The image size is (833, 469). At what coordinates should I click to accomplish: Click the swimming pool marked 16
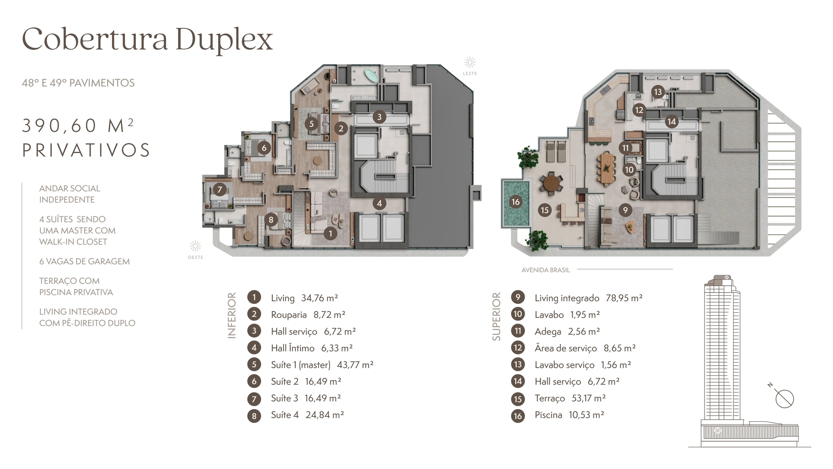click(x=516, y=203)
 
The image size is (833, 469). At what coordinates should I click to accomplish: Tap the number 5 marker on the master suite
click(x=312, y=124)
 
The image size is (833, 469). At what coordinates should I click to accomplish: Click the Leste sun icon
click(x=470, y=63)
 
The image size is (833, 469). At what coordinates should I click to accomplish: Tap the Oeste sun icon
click(x=195, y=247)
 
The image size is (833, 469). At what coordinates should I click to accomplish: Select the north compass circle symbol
click(x=784, y=399)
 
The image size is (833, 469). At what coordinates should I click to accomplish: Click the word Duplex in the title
click(x=224, y=40)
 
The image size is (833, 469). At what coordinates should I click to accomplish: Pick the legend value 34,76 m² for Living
click(x=320, y=298)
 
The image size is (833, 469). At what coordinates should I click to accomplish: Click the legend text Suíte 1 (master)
click(x=301, y=365)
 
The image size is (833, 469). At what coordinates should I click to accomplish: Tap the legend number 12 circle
click(x=518, y=348)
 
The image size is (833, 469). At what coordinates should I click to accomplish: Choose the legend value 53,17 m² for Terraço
click(x=589, y=398)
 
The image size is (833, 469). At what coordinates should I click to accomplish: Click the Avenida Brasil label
click(x=546, y=270)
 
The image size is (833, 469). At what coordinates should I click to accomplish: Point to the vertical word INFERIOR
click(x=232, y=315)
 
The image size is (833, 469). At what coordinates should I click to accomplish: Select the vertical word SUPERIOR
click(x=496, y=317)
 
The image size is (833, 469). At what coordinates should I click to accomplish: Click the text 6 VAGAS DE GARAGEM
click(x=85, y=261)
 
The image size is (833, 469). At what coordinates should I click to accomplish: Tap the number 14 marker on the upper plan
click(x=672, y=122)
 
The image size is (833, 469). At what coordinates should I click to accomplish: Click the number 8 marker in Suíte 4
click(x=271, y=220)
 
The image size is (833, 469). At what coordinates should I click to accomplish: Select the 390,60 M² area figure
click(x=78, y=126)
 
